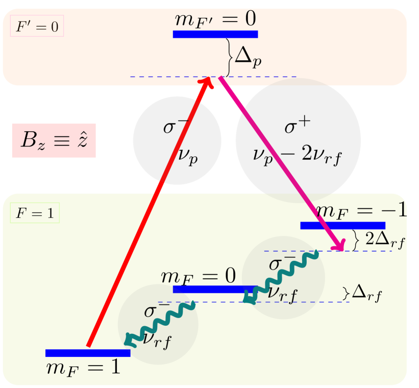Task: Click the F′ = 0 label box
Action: point(37,27)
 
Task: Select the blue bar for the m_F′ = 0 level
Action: point(215,34)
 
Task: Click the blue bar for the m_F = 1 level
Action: point(88,353)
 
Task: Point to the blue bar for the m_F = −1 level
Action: point(342,225)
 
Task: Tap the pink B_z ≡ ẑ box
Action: point(54,140)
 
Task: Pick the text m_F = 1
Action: point(83,368)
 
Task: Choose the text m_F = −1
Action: point(360,210)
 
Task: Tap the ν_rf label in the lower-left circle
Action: point(157,339)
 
